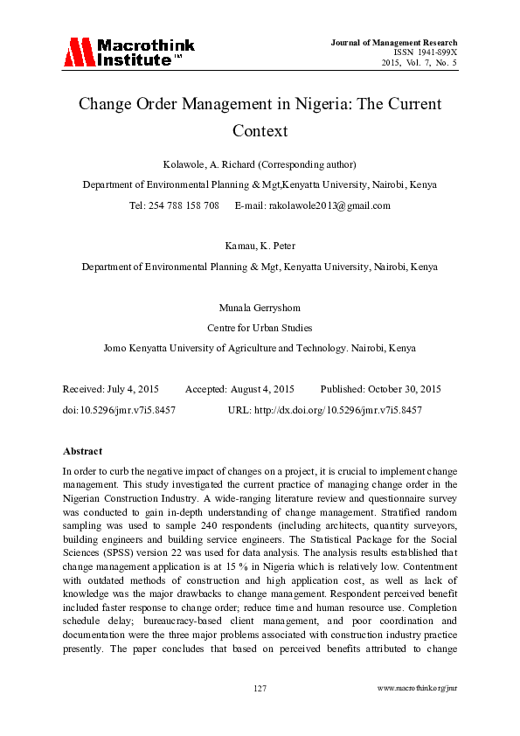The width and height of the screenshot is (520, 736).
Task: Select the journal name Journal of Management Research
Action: pyautogui.click(x=394, y=42)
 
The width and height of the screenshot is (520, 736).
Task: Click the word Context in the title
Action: pyautogui.click(x=260, y=131)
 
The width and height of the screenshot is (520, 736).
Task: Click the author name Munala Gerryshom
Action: pyautogui.click(x=260, y=308)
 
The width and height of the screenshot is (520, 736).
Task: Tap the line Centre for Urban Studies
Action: pyautogui.click(x=260, y=328)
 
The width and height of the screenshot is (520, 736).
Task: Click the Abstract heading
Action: pyautogui.click(x=82, y=451)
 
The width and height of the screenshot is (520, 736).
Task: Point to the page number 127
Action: pyautogui.click(x=260, y=689)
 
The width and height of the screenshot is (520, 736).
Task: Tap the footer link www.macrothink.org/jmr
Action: pyautogui.click(x=417, y=689)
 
